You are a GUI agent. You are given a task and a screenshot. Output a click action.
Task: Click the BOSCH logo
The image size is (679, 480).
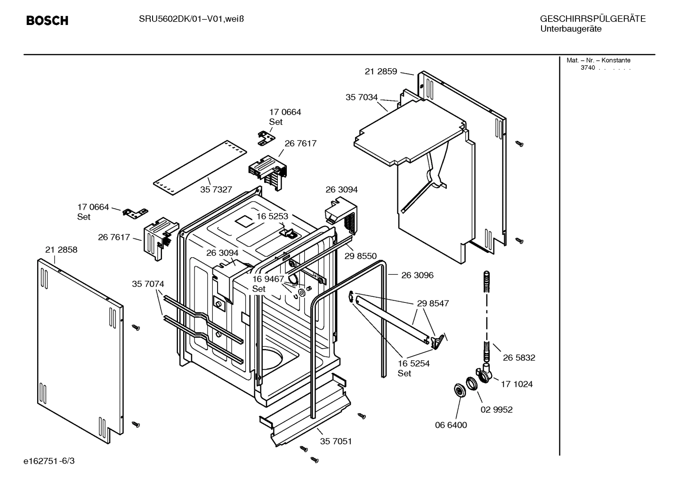47,21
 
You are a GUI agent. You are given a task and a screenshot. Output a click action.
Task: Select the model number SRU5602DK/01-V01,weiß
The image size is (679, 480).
191,19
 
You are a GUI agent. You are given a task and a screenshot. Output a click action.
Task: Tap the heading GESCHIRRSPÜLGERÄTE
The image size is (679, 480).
592,19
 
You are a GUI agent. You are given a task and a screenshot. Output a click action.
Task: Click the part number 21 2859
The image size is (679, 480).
380,72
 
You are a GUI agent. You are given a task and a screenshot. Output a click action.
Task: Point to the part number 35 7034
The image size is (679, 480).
361,98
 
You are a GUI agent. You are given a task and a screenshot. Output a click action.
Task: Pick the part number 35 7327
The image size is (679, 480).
216,189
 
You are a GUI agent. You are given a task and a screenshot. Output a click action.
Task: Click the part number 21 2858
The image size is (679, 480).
61,250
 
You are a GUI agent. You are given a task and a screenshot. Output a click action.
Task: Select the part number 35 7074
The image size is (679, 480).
148,284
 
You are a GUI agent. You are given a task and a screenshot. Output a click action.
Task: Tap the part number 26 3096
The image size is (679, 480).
417,275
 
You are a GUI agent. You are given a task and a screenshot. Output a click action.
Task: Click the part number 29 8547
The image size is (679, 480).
433,303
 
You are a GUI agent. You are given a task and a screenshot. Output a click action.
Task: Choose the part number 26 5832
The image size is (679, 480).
519,358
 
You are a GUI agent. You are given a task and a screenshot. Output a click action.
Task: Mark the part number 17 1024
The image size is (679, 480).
517,384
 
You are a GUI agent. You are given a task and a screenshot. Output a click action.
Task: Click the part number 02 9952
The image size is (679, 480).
496,410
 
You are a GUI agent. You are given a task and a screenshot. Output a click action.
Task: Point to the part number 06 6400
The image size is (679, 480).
451,425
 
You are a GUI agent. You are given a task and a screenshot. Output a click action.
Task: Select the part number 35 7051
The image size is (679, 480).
336,441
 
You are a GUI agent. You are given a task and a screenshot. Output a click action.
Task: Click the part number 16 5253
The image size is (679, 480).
272,216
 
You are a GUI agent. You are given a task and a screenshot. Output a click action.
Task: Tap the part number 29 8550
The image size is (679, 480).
360,256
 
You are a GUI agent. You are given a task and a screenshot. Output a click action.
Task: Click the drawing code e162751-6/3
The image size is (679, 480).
49,461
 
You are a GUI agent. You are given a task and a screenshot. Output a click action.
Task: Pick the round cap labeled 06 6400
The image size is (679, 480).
458,390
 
